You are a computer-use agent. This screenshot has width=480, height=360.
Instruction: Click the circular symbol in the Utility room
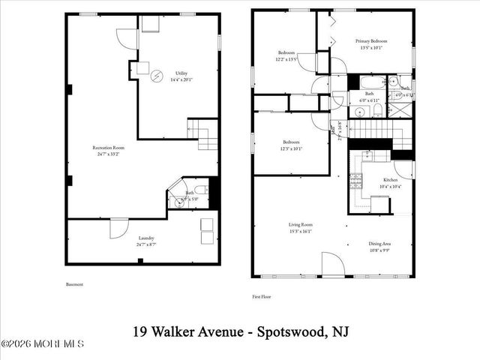[x=157, y=76]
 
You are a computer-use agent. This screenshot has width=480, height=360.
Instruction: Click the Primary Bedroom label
[x=372, y=43]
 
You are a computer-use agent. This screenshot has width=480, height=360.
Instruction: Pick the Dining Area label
[x=379, y=244]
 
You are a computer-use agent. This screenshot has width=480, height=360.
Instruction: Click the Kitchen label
[x=390, y=181]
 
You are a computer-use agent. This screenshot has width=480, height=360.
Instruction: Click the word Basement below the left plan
[x=75, y=284]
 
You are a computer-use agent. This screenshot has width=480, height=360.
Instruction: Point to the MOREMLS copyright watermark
[x=43, y=344]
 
